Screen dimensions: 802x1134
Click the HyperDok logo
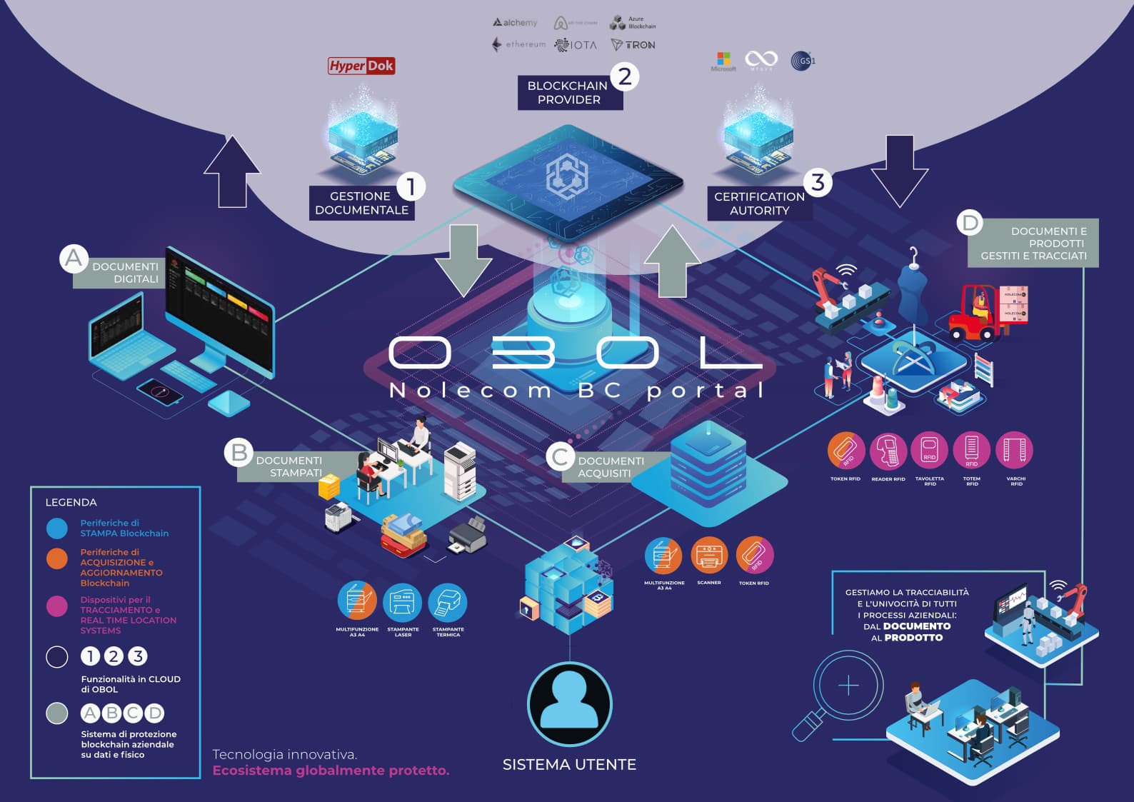click(x=361, y=66)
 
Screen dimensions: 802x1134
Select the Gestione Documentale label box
click(x=361, y=203)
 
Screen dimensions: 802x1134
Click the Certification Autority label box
click(x=759, y=203)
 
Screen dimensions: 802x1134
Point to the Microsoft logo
click(x=723, y=60)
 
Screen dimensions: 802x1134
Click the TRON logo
click(x=633, y=44)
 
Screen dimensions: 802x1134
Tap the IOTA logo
click(x=576, y=44)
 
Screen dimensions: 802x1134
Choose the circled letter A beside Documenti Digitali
click(x=74, y=258)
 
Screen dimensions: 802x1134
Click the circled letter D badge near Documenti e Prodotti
click(x=970, y=223)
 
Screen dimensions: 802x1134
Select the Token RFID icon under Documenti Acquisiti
click(x=755, y=555)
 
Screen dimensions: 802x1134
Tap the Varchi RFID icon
click(x=1015, y=450)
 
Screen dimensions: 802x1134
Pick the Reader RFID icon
click(x=888, y=450)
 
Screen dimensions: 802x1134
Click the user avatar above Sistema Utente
click(x=569, y=703)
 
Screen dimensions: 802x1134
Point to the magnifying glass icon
click(x=843, y=689)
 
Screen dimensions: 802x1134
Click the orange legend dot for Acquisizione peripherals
click(x=57, y=558)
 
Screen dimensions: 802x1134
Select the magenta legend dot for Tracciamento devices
click(x=57, y=606)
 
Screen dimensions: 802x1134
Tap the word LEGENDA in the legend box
click(x=71, y=502)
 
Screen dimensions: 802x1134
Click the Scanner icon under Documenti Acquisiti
click(x=709, y=555)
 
